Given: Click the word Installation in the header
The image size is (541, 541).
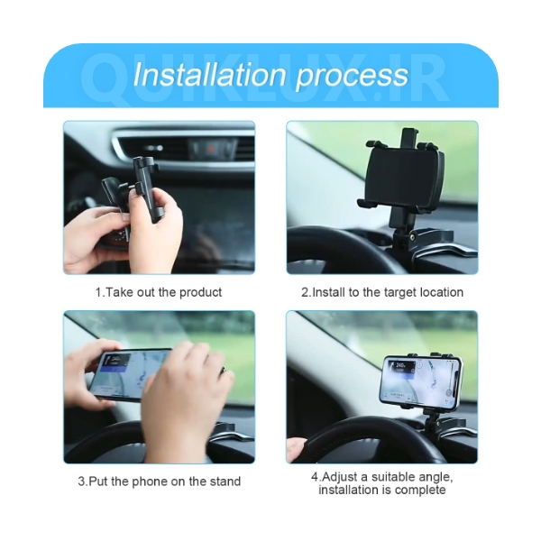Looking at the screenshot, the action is click(209, 74).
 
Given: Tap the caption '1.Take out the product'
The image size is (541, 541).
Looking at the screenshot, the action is click(159, 292).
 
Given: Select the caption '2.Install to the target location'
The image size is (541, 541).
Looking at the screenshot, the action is click(382, 292).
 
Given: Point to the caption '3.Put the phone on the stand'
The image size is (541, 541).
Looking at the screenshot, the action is click(159, 481).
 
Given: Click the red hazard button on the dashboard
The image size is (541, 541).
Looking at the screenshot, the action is click(210, 150).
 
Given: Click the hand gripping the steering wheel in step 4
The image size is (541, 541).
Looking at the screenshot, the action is click(296, 448).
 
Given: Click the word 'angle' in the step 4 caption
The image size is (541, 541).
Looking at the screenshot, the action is click(436, 478).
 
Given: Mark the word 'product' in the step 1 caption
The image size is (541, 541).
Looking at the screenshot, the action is click(200, 292).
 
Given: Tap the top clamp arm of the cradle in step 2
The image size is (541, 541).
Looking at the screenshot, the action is click(409, 136).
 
